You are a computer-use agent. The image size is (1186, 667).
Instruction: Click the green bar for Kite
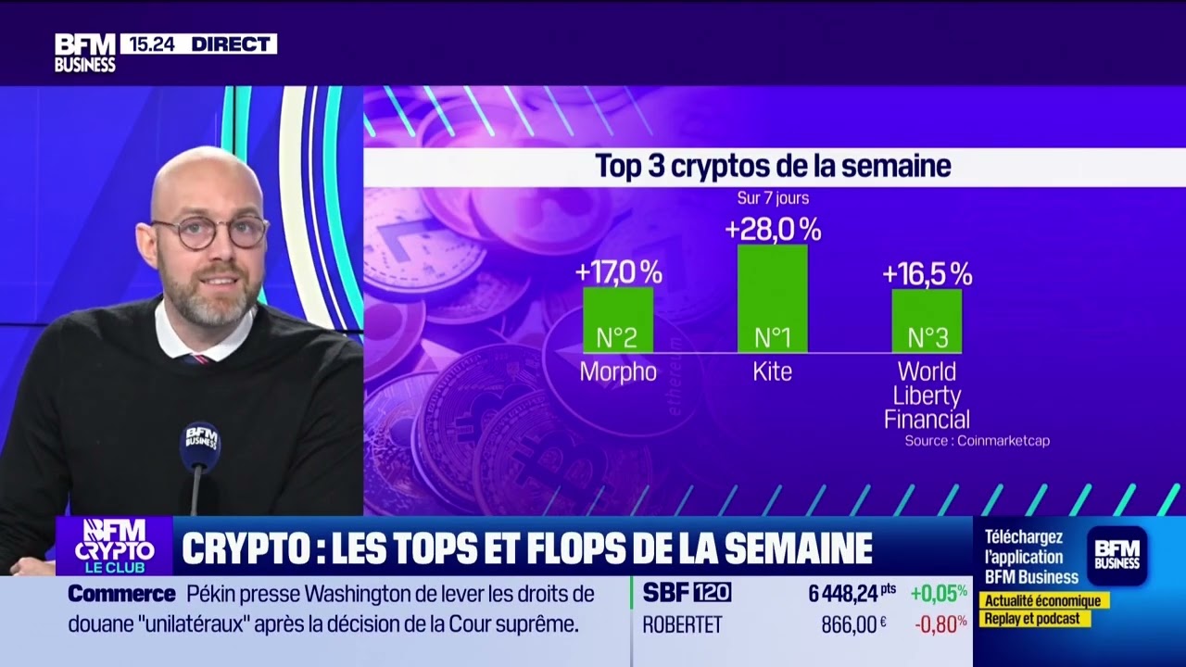click(x=772, y=298)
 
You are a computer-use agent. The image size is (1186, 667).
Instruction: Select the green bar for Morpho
click(x=618, y=320)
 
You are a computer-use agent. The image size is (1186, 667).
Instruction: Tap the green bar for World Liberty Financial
click(x=927, y=321)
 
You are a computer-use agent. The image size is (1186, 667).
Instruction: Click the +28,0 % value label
click(x=773, y=229)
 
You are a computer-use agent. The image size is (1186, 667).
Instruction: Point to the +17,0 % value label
click(x=618, y=272)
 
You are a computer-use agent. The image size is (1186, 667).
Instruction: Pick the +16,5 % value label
click(x=927, y=274)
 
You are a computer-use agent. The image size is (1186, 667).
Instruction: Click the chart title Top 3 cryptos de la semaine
click(x=773, y=167)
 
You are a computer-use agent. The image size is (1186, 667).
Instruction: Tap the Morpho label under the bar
click(x=618, y=372)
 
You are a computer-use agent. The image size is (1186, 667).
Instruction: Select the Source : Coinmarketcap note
click(x=977, y=441)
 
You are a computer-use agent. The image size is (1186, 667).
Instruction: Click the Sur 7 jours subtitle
click(x=773, y=198)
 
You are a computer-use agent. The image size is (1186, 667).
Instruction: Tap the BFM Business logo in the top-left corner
click(x=84, y=53)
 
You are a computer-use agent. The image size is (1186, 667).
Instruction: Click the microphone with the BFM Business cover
click(x=200, y=446)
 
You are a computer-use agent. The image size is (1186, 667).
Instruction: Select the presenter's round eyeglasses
click(x=211, y=232)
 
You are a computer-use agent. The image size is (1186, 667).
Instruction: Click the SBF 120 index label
click(x=687, y=593)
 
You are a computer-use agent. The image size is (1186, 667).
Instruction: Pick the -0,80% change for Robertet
click(x=940, y=624)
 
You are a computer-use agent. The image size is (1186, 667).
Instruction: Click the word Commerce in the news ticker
click(x=121, y=594)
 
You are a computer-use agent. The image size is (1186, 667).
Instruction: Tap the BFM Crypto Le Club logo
click(x=114, y=546)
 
